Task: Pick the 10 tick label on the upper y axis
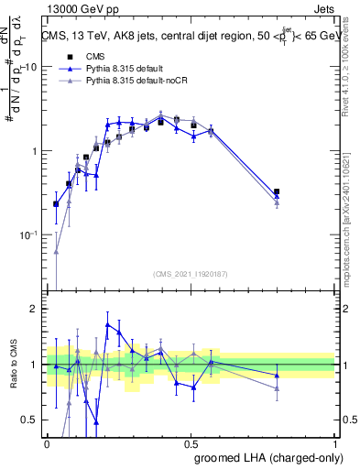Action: [31, 67]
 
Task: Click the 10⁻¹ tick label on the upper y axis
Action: [29, 235]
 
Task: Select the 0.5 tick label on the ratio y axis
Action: [31, 420]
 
